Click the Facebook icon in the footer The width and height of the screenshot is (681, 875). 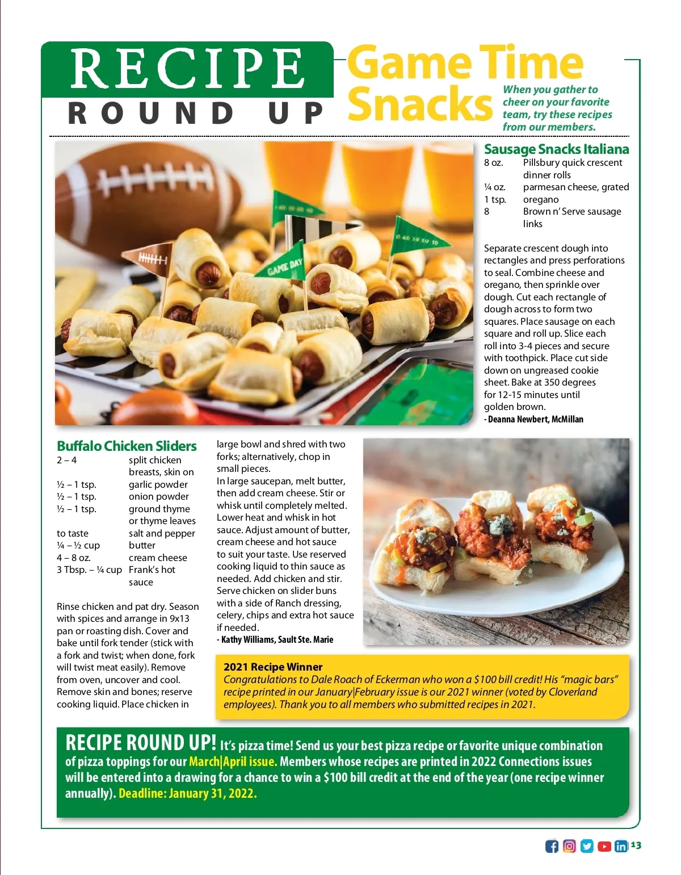[552, 846]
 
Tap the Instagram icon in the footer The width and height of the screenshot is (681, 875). [569, 846]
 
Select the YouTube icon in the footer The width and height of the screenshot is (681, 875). [604, 846]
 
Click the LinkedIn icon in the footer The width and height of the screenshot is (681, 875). [621, 846]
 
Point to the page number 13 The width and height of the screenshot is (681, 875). [636, 845]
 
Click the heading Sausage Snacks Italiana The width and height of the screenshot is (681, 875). [556, 149]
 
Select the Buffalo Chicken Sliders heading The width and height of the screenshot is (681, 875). [127, 446]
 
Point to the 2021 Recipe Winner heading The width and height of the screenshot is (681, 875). [273, 667]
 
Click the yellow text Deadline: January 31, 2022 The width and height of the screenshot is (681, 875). [188, 793]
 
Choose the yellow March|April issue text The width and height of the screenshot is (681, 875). [233, 761]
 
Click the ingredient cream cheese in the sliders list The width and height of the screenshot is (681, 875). [158, 558]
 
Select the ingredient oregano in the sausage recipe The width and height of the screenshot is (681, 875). [541, 199]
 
